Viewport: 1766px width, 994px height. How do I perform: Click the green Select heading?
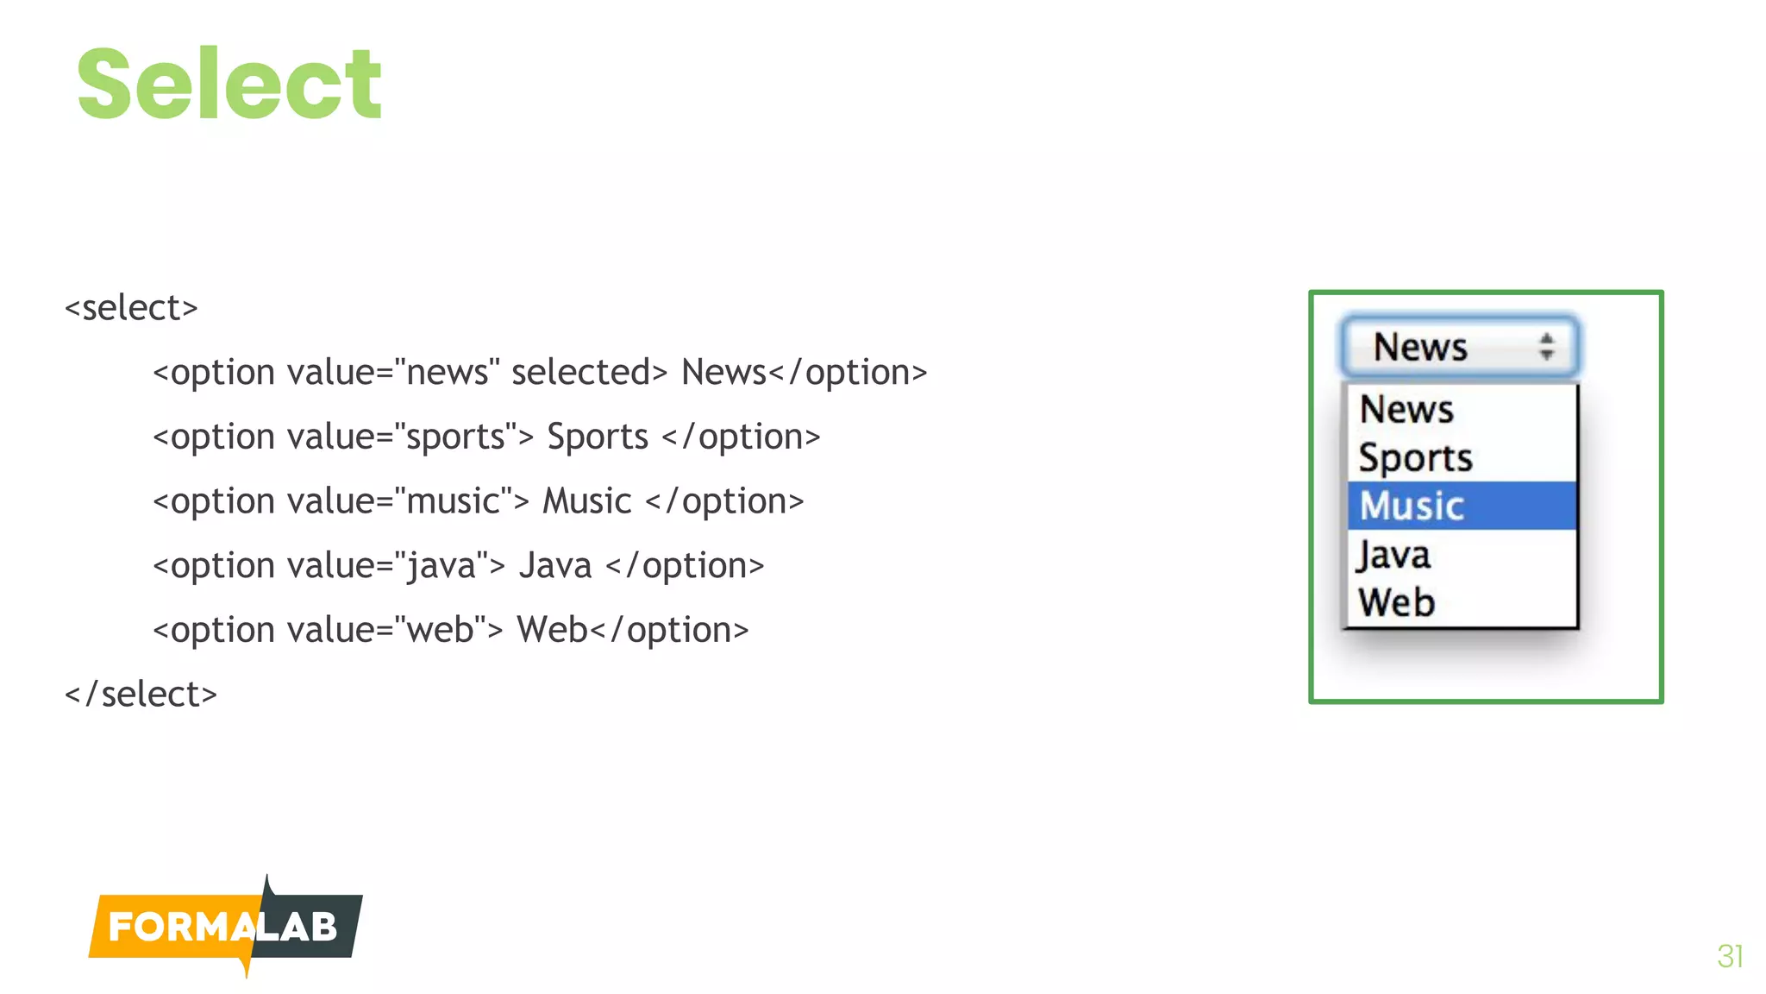point(229,85)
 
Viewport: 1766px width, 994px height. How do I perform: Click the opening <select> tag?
point(131,308)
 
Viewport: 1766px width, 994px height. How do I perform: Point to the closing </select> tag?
point(141,695)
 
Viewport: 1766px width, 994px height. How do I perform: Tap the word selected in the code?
point(581,373)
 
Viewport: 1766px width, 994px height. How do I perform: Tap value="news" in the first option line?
point(393,373)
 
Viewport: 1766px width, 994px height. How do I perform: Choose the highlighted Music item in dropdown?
point(1412,506)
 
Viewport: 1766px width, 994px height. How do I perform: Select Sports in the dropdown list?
point(1415,457)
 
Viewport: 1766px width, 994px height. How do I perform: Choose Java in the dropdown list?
point(1393,555)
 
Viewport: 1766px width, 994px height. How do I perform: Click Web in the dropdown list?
point(1396,602)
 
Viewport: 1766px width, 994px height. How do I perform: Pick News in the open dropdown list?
point(1406,409)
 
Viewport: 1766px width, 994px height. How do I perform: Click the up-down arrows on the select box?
point(1547,347)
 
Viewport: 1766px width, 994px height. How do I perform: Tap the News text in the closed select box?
point(1419,347)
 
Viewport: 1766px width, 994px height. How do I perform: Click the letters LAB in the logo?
point(298,928)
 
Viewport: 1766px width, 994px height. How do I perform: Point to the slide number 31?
point(1730,956)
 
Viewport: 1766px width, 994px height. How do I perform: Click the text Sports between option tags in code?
point(598,437)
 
